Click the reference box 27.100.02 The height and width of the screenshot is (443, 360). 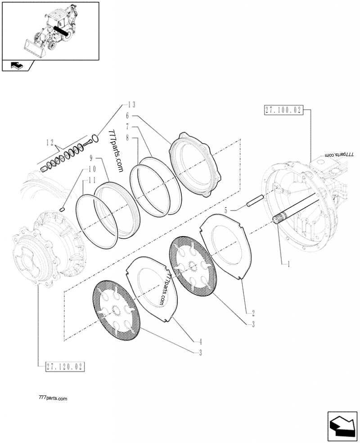pyautogui.click(x=283, y=110)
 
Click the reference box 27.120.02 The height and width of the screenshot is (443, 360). pyautogui.click(x=65, y=367)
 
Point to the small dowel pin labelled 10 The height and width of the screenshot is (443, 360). pyautogui.click(x=63, y=208)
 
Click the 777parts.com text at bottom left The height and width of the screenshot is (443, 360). pyautogui.click(x=53, y=398)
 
